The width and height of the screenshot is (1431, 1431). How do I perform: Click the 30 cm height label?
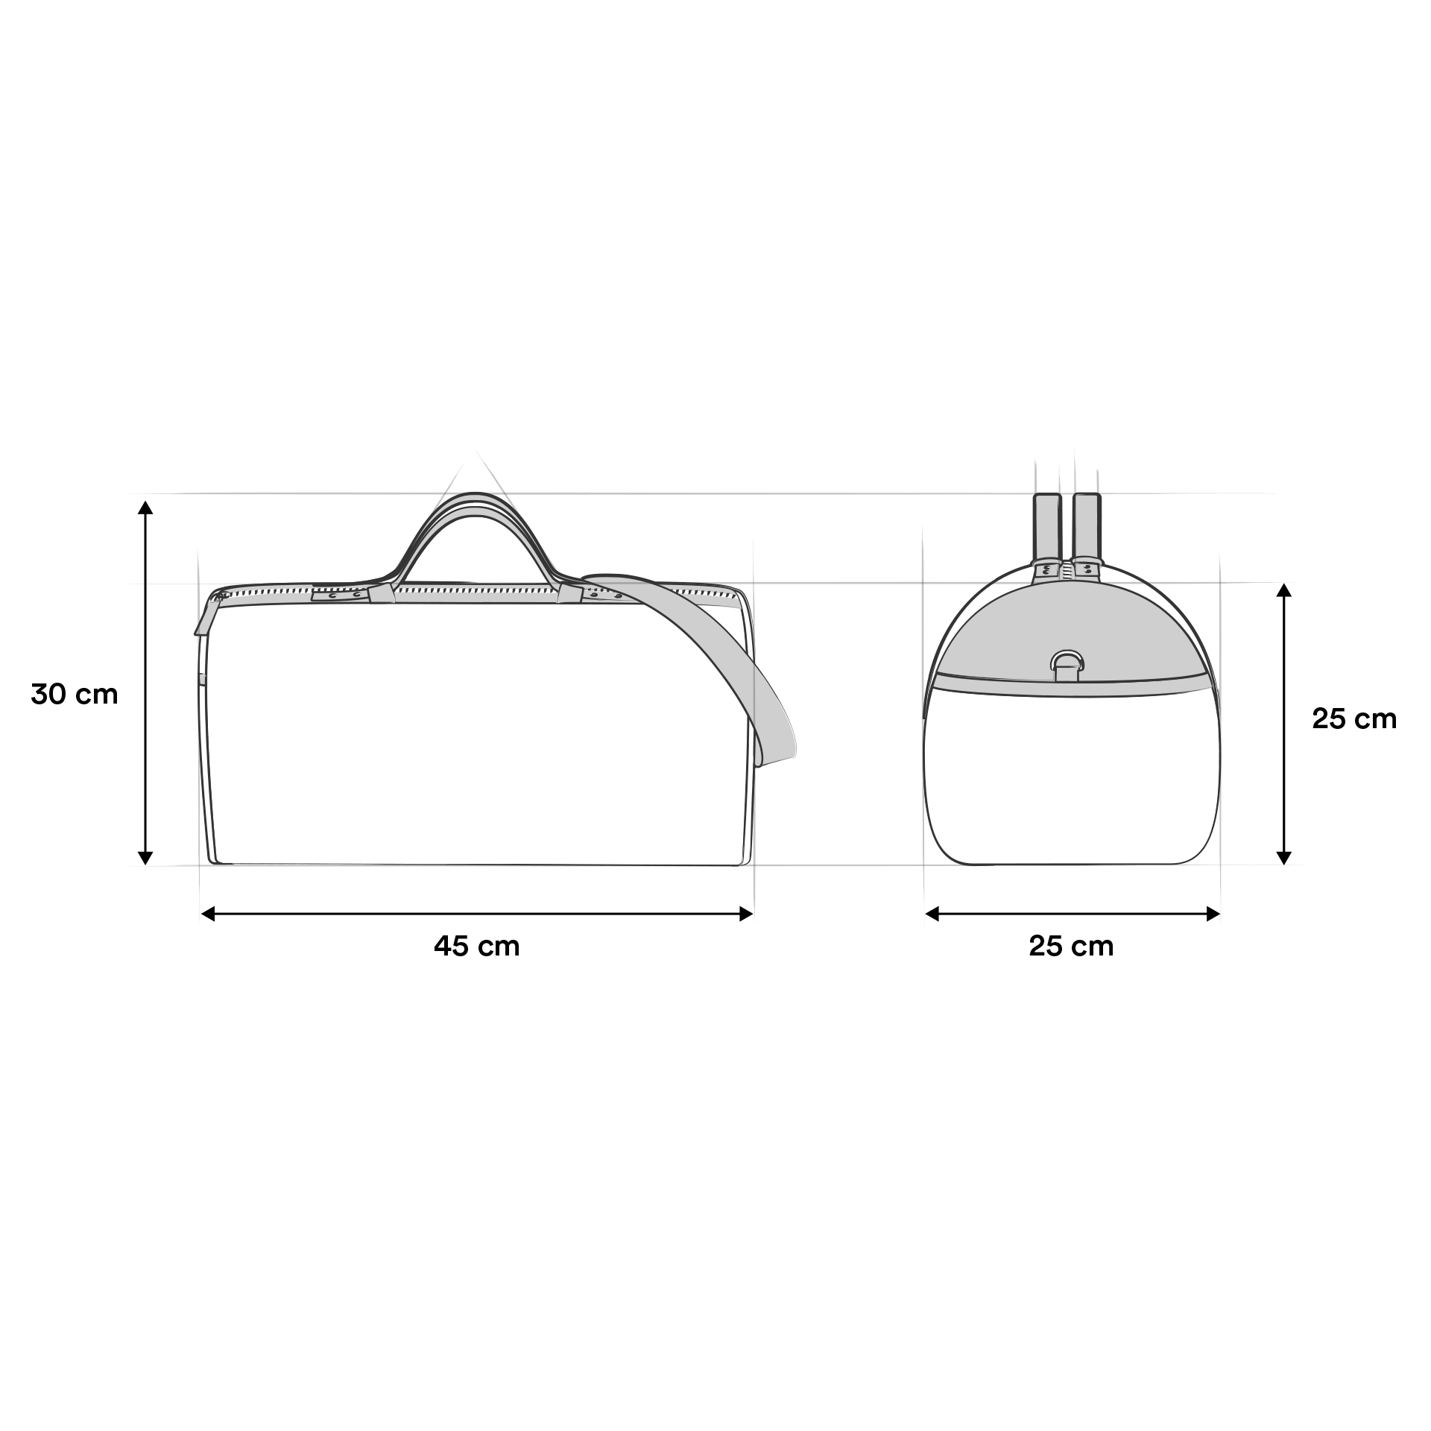pos(75,694)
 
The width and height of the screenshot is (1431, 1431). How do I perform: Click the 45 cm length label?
pos(477,946)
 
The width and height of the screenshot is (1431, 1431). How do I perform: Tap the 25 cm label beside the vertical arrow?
pos(1354,718)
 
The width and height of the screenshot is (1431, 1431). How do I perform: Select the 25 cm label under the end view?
pos(1071,946)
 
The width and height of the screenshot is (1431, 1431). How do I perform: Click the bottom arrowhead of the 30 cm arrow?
pos(146,857)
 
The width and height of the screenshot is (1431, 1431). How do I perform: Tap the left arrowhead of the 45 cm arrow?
pos(209,914)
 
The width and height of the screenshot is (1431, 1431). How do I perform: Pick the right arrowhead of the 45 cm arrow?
pos(745,914)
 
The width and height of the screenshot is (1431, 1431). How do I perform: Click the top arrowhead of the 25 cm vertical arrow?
pos(1283,590)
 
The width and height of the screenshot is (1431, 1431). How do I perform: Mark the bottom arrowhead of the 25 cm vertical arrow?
pos(1283,857)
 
